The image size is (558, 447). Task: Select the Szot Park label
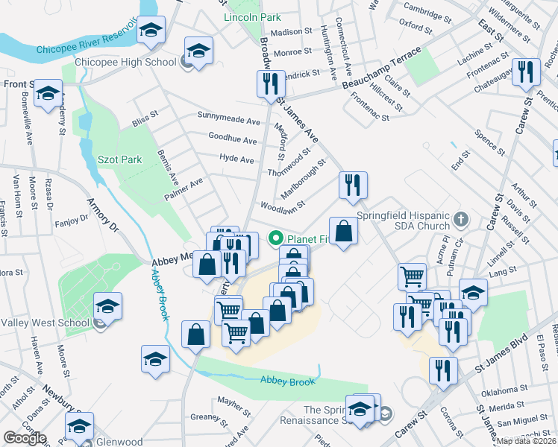(x=119, y=159)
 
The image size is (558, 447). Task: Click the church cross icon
(x=461, y=219)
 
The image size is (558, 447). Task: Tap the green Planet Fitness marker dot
(x=275, y=239)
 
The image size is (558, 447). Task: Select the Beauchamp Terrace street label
(x=382, y=69)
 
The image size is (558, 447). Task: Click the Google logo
(x=25, y=438)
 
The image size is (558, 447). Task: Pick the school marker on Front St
(x=48, y=93)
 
